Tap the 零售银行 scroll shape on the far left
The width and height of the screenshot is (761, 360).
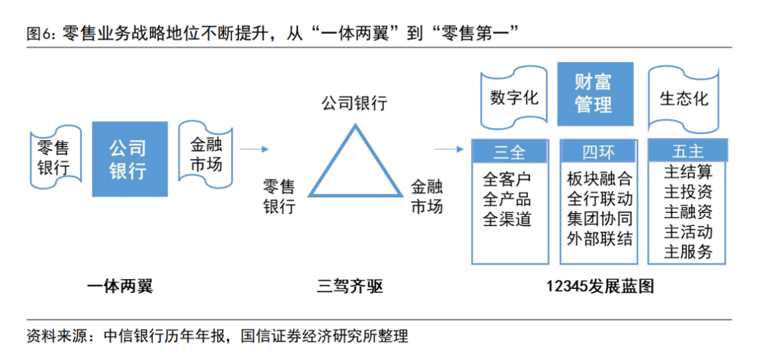click(53, 159)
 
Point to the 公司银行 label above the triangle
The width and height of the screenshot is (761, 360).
click(354, 104)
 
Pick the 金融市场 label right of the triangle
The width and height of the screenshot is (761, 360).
click(426, 197)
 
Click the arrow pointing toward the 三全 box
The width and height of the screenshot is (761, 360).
click(448, 149)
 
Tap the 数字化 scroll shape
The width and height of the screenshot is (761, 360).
click(514, 98)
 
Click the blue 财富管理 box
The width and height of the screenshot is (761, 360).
click(595, 94)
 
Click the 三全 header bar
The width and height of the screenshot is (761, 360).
click(510, 151)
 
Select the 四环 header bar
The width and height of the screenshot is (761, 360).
click(598, 151)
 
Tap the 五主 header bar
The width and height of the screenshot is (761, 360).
click(688, 151)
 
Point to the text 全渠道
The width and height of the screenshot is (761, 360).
click(507, 220)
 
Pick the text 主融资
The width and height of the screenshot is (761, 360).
click(688, 211)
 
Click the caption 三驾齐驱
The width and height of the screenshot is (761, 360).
click(350, 287)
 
